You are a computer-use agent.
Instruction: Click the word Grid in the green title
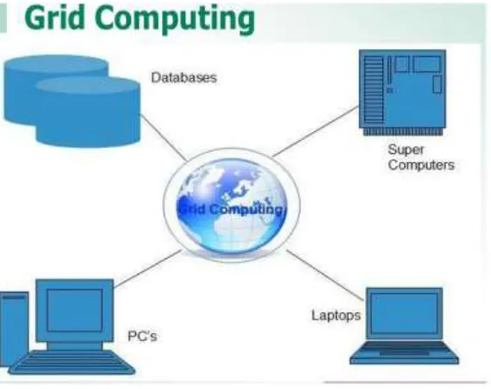pyautogui.click(x=54, y=17)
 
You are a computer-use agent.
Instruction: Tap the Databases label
pyautogui.click(x=183, y=77)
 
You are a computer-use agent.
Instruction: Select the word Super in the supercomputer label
pyautogui.click(x=406, y=151)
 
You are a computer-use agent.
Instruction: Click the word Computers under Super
pyautogui.click(x=421, y=165)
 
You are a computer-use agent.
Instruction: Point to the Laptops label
pyautogui.click(x=336, y=316)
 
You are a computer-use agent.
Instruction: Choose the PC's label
pyautogui.click(x=142, y=337)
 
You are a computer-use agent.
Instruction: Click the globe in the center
pyautogui.click(x=232, y=206)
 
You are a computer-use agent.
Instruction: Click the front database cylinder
pyautogui.click(x=88, y=112)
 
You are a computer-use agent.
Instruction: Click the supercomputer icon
pyautogui.click(x=402, y=92)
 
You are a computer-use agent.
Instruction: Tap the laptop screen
pyautogui.click(x=404, y=313)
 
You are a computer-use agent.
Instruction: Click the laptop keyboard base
pyautogui.click(x=404, y=353)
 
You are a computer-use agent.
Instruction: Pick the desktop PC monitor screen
pyautogui.click(x=75, y=310)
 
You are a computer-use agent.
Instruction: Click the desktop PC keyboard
pyautogui.click(x=72, y=362)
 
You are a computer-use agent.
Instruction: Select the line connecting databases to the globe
pyautogui.click(x=164, y=138)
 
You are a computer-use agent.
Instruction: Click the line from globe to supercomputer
pyautogui.click(x=315, y=132)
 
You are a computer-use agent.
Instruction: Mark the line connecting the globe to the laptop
pyautogui.click(x=326, y=275)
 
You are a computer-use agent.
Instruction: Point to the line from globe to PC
pyautogui.click(x=148, y=269)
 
